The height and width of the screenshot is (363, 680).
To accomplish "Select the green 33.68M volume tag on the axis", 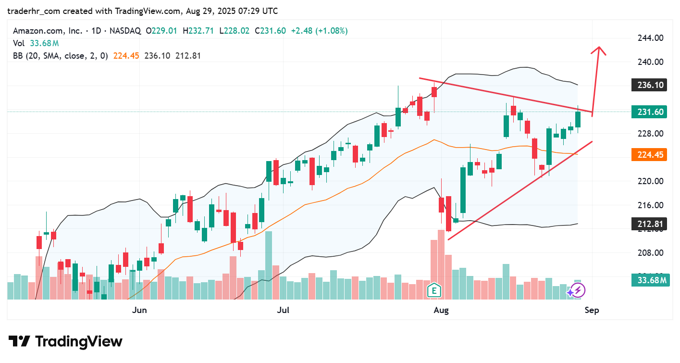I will coord(649,280).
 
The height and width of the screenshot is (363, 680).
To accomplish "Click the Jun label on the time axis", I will coord(139,310).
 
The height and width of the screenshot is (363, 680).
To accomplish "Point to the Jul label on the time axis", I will coord(284,310).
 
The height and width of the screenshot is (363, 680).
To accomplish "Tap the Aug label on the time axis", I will coord(441,310).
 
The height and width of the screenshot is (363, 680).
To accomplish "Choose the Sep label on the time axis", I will coord(592,310).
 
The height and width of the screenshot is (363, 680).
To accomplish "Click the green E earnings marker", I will coord(434,290).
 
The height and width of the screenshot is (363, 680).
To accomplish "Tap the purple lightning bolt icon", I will coord(578,290).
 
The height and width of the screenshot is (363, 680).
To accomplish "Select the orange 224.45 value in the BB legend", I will coord(126,56).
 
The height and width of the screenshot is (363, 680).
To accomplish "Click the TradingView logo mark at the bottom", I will coord(20,342).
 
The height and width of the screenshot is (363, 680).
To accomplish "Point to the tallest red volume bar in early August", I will coord(441,264).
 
